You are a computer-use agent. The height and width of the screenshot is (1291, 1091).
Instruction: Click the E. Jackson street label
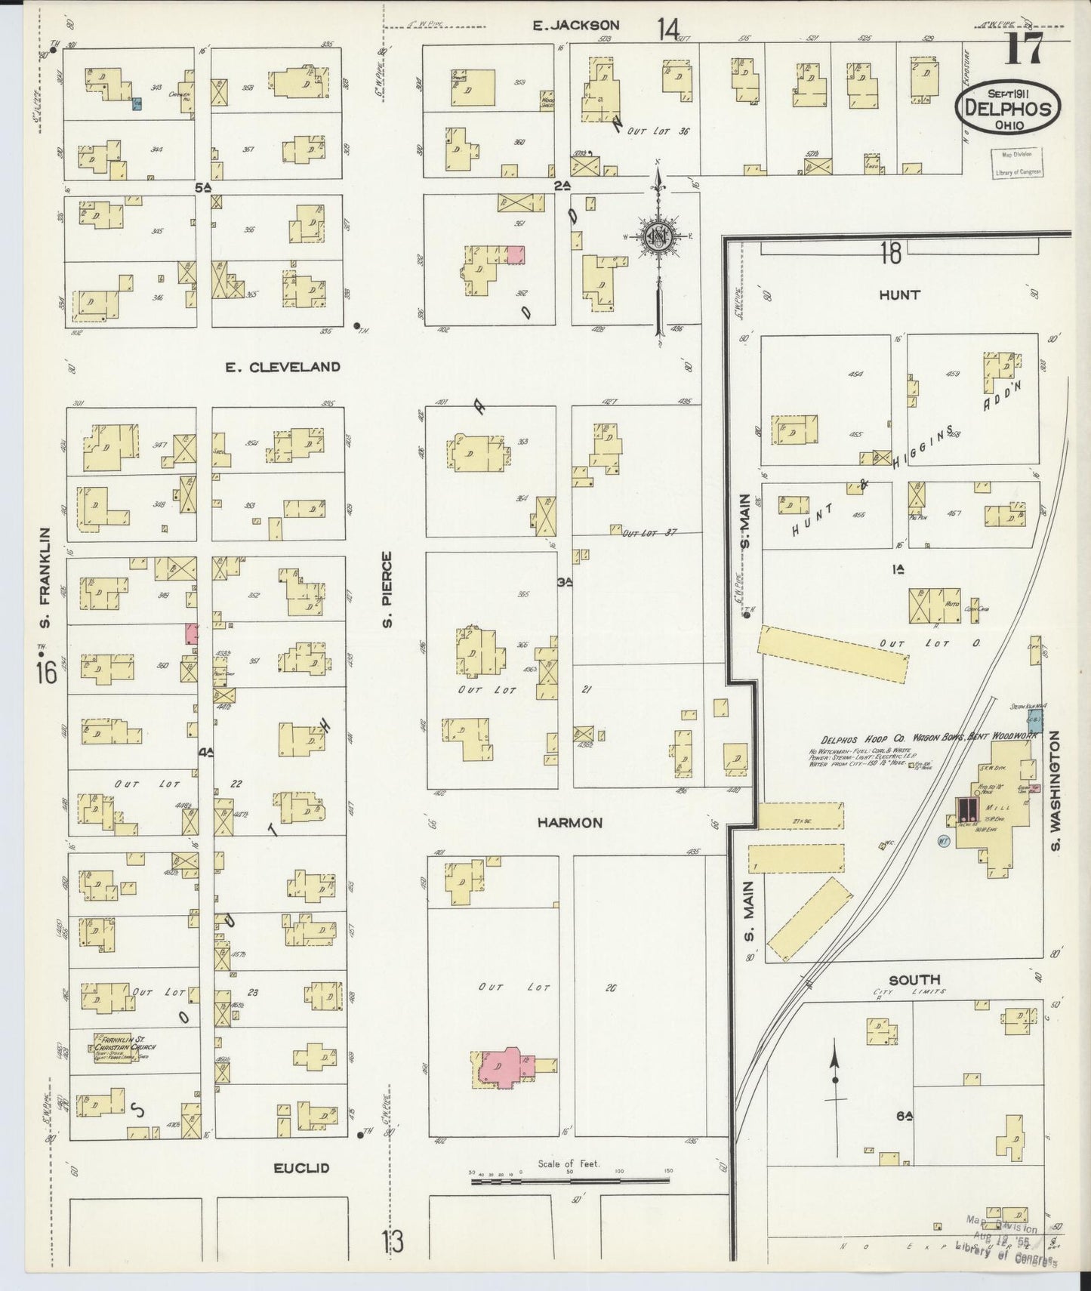(x=575, y=26)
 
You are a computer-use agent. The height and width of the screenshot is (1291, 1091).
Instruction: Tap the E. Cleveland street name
(x=282, y=368)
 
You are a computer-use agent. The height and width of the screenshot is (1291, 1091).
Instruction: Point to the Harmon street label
(x=569, y=823)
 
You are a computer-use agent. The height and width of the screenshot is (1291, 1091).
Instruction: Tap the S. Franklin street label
(x=45, y=578)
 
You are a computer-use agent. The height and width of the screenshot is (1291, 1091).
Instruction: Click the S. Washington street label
(x=1056, y=790)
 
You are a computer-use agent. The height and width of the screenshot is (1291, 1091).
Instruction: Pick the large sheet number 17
(x=1025, y=51)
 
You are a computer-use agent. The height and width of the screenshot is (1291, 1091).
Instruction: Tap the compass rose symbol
(x=659, y=237)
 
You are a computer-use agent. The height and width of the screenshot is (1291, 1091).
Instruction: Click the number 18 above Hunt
(x=890, y=254)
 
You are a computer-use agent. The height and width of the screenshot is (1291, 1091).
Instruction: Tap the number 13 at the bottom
(x=393, y=1241)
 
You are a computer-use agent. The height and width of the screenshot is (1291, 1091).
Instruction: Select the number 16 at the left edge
(x=45, y=671)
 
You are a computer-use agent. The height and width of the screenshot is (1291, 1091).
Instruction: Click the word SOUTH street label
(x=914, y=980)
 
